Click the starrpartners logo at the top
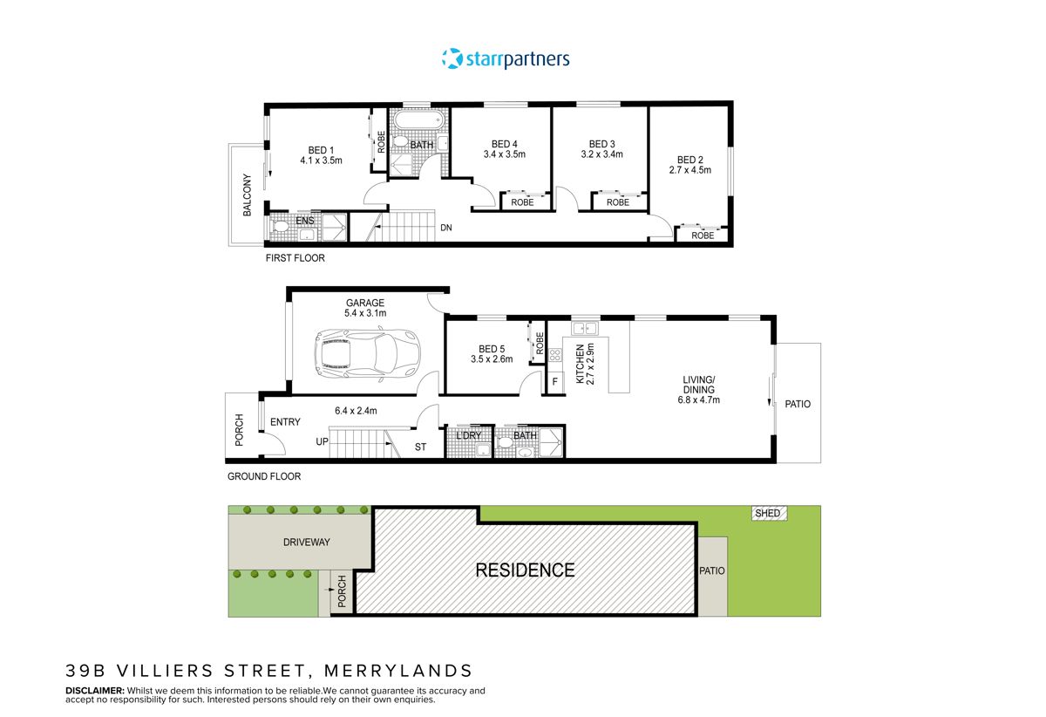(506, 59)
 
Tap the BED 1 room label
(321, 149)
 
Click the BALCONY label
(248, 195)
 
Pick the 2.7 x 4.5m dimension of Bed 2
(689, 170)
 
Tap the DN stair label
(446, 229)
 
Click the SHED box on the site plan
(767, 514)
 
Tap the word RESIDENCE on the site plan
(525, 570)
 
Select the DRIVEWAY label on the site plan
(306, 542)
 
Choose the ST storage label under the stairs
(420, 448)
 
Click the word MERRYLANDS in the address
(398, 671)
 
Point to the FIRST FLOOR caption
(295, 259)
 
